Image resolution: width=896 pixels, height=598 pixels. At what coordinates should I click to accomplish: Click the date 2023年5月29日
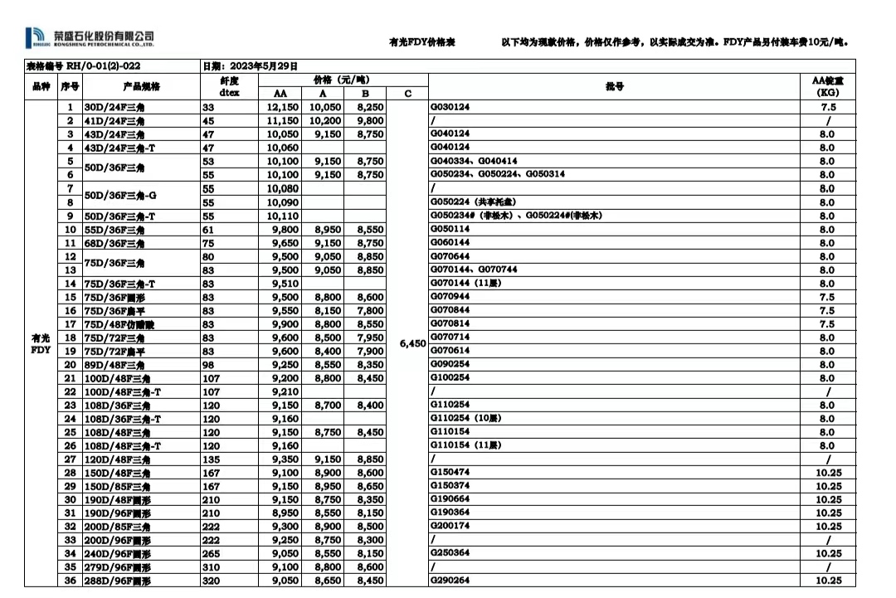[x=249, y=66]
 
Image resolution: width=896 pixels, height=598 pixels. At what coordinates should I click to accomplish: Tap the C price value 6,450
[x=412, y=343]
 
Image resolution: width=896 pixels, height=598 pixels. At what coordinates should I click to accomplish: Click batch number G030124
[x=450, y=108]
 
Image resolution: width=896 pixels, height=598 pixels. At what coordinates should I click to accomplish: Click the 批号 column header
[x=615, y=86]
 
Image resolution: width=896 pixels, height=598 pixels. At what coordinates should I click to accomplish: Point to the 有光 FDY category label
[x=41, y=343]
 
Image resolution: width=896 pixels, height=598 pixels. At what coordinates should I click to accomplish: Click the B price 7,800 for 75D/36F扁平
[x=370, y=310]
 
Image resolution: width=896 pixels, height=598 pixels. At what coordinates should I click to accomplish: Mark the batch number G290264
[x=450, y=581]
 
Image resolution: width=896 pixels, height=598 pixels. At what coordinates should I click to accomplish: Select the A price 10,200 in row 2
[x=324, y=121]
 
